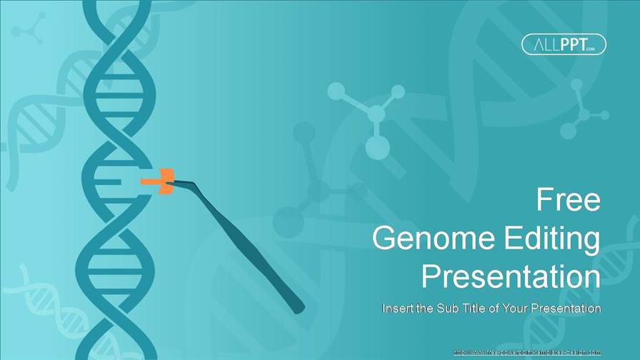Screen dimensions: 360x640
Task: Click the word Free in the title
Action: point(568,201)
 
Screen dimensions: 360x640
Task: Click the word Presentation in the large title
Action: point(511,276)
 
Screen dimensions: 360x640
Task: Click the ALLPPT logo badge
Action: point(564,44)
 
